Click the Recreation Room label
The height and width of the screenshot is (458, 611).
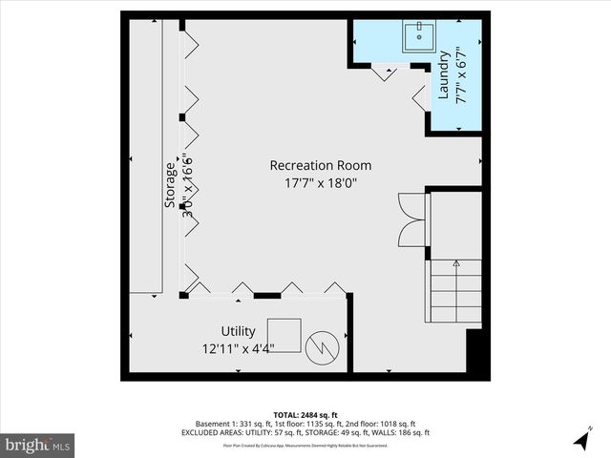[x=320, y=165]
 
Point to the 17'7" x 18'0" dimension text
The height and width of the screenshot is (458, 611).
[x=320, y=182]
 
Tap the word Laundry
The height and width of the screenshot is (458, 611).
[x=444, y=77]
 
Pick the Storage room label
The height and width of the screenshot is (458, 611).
[x=170, y=185]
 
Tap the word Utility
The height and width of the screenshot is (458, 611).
[x=238, y=331]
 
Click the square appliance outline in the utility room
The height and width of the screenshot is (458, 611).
[x=284, y=335]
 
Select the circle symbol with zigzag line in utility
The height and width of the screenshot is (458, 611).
[x=324, y=346]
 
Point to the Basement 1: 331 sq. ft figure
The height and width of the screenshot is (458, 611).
[x=225, y=424]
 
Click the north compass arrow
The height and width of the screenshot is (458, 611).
[x=582, y=439]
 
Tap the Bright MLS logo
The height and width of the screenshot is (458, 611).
[x=38, y=445]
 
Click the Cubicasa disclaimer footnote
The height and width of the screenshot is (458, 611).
[x=305, y=445]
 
